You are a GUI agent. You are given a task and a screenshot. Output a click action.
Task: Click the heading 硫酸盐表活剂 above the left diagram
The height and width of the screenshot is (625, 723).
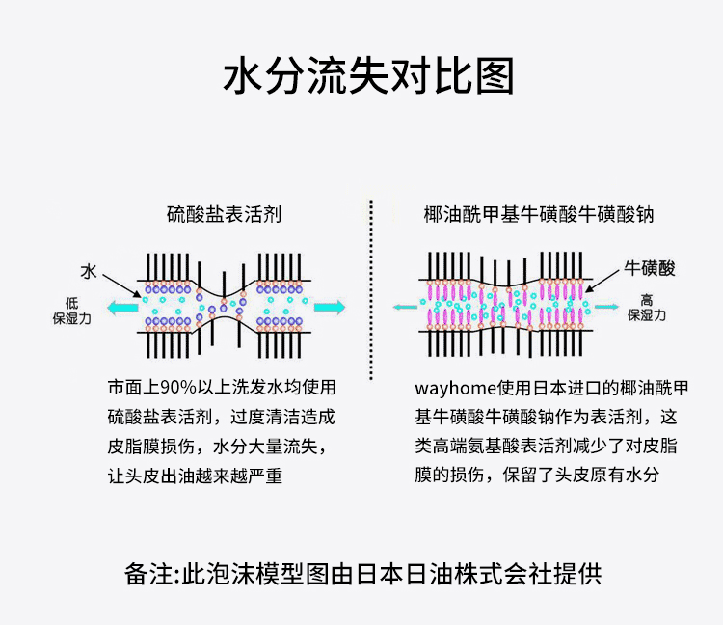coord(224,213)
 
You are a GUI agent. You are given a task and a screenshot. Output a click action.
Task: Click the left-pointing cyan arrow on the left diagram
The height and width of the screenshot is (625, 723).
coord(122,308)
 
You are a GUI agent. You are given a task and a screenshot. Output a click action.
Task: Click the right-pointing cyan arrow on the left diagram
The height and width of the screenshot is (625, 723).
coord(329,308)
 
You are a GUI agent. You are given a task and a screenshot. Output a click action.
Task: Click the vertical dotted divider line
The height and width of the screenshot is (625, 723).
coord(372,289)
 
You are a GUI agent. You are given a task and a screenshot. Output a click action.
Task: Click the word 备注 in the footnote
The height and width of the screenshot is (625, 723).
coord(148,573)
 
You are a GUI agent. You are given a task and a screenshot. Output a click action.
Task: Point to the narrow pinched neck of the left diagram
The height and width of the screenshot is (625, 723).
coord(228,307)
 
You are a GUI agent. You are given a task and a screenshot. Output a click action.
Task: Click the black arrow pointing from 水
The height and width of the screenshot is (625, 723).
coord(120,283)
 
